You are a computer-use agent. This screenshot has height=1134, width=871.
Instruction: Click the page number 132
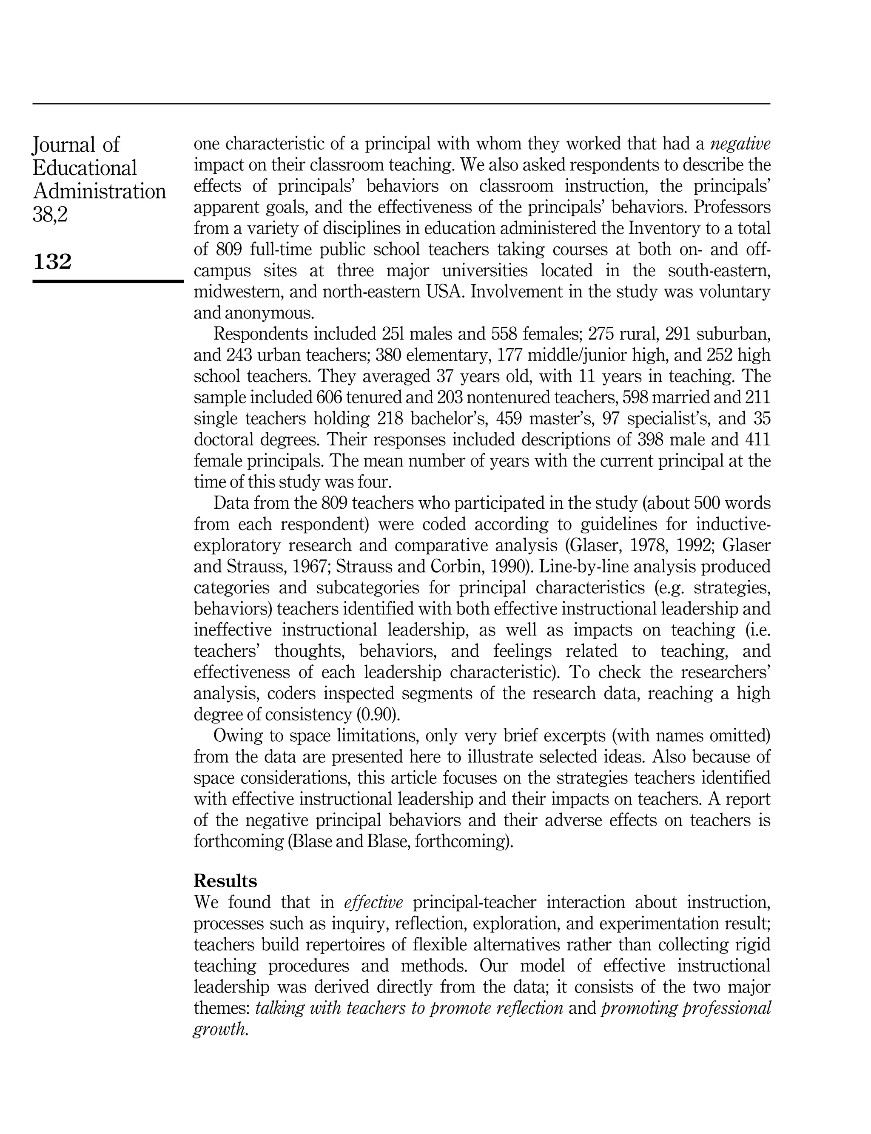pos(52,262)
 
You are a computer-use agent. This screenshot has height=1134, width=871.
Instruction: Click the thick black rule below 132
pos(108,281)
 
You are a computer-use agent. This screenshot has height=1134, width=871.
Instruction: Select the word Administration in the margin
pos(99,192)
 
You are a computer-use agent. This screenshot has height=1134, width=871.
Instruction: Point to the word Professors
pos(732,207)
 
